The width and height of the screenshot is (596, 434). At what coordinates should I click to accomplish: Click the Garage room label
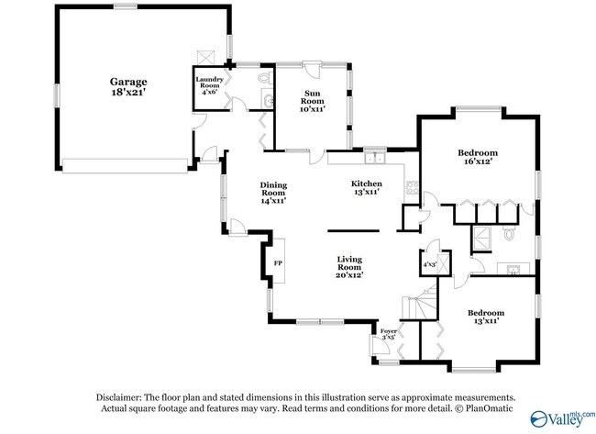[128, 87]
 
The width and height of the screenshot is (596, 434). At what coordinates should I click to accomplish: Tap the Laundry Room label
[209, 85]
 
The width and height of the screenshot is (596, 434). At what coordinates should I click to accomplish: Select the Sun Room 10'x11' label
[313, 101]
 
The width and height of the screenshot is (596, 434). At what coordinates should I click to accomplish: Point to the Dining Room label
[273, 193]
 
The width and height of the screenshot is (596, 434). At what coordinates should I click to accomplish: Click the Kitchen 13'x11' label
[367, 188]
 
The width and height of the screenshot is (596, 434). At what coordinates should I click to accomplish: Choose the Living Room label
[349, 267]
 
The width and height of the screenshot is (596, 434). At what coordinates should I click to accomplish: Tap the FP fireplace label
[278, 262]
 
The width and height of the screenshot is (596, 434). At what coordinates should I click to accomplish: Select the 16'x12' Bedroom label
[478, 157]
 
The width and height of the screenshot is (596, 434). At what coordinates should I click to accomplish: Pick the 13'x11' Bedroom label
[486, 317]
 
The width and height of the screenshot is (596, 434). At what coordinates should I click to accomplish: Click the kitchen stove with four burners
[413, 187]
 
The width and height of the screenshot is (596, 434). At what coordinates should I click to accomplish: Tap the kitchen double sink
[375, 158]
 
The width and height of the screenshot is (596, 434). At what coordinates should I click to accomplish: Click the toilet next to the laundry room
[264, 78]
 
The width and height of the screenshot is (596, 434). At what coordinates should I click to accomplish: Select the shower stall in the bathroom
[481, 239]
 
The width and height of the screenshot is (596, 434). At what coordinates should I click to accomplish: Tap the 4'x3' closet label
[429, 264]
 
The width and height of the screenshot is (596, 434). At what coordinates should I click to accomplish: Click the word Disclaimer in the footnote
[119, 397]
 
